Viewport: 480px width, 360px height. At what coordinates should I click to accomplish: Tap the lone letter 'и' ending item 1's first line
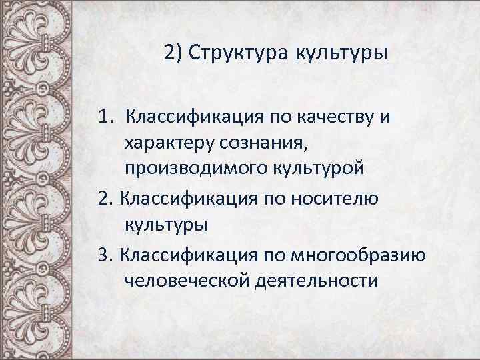click(385, 119)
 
